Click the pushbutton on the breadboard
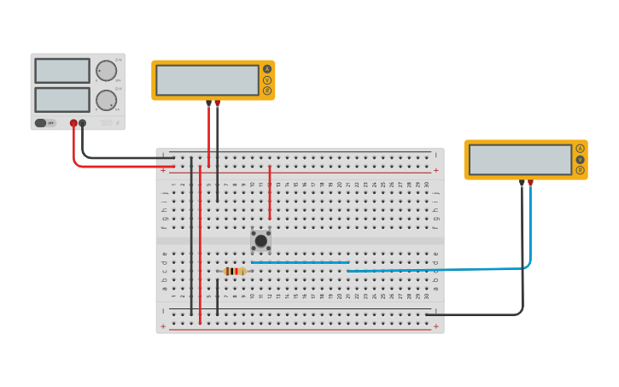click(260, 240)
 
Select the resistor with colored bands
click(235, 271)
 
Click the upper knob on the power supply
click(106, 70)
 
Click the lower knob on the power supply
click(106, 100)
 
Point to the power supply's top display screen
click(62, 70)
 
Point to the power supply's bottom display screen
click(62, 99)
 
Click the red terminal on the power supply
click(73, 123)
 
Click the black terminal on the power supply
click(83, 123)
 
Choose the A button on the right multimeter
click(580, 149)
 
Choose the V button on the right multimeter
click(580, 159)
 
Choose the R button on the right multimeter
click(580, 170)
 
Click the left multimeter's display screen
click(207, 80)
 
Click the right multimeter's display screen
click(520, 160)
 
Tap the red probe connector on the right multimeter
click(530, 182)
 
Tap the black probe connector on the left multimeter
click(208, 103)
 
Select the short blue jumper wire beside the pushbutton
click(300, 262)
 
